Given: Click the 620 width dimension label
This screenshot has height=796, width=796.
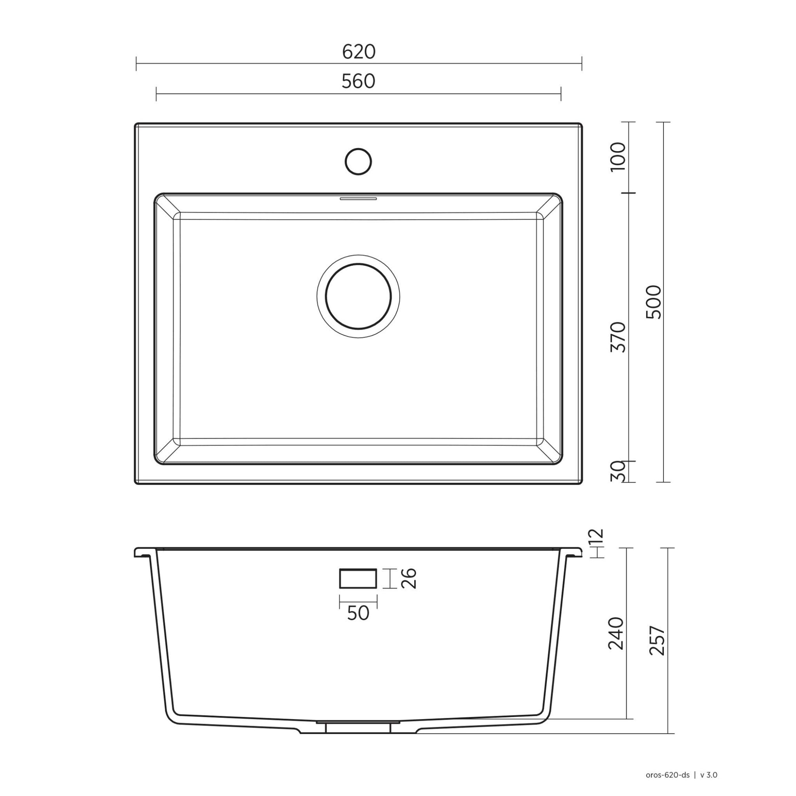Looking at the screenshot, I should pyautogui.click(x=358, y=52).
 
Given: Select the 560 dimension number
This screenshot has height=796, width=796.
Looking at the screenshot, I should pyautogui.click(x=358, y=82).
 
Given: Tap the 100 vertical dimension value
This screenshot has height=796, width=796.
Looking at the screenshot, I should pyautogui.click(x=618, y=157).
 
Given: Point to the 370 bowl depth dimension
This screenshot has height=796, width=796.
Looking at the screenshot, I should pyautogui.click(x=618, y=337).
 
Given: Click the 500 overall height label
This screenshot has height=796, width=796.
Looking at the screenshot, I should pyautogui.click(x=654, y=302).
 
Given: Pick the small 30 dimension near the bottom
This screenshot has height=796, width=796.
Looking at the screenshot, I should pyautogui.click(x=618, y=472).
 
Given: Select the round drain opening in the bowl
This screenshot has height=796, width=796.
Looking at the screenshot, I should pyautogui.click(x=358, y=295).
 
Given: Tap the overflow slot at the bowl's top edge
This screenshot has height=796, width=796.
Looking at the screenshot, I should pyautogui.click(x=358, y=199).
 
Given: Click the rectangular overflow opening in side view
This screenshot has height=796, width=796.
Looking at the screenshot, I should pyautogui.click(x=358, y=578).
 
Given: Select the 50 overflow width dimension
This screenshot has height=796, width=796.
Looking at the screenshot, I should pyautogui.click(x=358, y=613).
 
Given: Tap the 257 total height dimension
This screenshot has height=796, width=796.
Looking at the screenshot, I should pyautogui.click(x=657, y=641).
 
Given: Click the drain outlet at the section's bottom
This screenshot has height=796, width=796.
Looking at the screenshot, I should pyautogui.click(x=358, y=727).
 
